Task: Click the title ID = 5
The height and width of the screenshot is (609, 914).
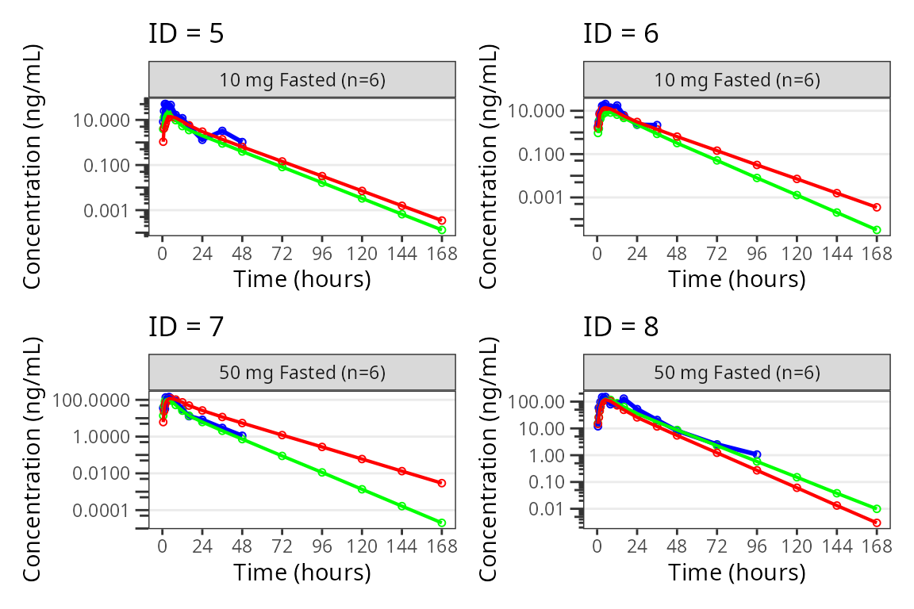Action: pos(186,34)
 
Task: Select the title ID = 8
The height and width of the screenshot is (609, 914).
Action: pos(620,326)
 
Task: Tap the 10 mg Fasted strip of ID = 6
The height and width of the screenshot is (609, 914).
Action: pos(737,80)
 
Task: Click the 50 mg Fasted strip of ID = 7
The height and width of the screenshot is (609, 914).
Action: pos(302,373)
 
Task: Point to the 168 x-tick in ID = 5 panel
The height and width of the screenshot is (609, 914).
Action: pos(442,254)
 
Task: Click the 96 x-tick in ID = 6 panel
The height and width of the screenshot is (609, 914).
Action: pos(757,254)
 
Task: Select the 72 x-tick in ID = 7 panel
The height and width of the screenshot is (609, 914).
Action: pos(282,546)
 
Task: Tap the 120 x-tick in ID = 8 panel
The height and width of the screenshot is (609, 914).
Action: pos(797,546)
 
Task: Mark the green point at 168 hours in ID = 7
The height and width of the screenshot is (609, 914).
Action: pos(442,523)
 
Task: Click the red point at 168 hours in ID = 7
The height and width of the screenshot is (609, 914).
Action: pos(442,483)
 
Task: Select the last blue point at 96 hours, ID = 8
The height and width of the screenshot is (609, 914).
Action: pos(757,454)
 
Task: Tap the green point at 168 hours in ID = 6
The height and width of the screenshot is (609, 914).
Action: pos(877,230)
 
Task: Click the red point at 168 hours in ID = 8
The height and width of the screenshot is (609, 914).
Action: pos(877,523)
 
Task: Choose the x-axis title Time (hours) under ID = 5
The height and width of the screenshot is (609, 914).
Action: pos(301,279)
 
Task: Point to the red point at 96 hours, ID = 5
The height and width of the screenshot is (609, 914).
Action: pos(322,176)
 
